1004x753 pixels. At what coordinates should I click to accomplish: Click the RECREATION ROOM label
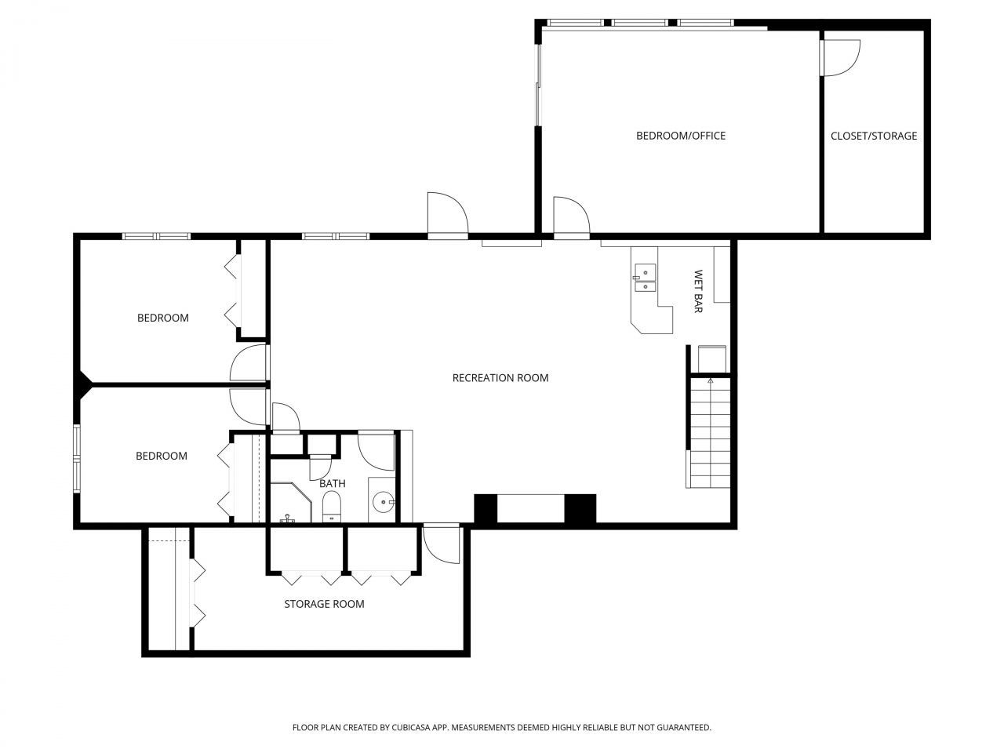pyautogui.click(x=500, y=378)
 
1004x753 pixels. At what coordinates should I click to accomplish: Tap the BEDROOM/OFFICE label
pyautogui.click(x=681, y=136)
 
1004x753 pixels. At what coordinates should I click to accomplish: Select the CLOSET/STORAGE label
pyautogui.click(x=874, y=136)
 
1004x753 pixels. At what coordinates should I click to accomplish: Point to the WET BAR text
pyautogui.click(x=698, y=291)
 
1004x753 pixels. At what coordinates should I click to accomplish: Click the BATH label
pyautogui.click(x=332, y=483)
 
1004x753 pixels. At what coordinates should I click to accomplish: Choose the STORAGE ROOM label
pyautogui.click(x=324, y=604)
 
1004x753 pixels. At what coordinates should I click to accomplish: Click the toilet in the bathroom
pyautogui.click(x=331, y=507)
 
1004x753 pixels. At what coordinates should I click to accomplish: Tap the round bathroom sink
pyautogui.click(x=383, y=502)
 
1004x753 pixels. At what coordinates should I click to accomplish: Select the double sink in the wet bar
pyautogui.click(x=645, y=278)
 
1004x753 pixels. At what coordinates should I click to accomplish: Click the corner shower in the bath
pyautogui.click(x=291, y=502)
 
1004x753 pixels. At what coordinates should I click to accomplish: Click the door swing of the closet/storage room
pyautogui.click(x=841, y=57)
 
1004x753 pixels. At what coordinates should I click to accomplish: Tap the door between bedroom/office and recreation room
pyautogui.click(x=571, y=218)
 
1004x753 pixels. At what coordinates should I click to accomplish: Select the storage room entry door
pyautogui.click(x=441, y=545)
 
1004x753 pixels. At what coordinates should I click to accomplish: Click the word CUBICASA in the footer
pyautogui.click(x=411, y=727)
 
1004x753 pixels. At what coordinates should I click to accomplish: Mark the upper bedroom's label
pyautogui.click(x=163, y=318)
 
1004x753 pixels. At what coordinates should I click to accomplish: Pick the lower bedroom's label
pyautogui.click(x=162, y=456)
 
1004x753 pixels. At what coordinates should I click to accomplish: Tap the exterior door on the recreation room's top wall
pyautogui.click(x=448, y=216)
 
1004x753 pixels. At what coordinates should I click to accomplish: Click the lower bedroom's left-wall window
pyautogui.click(x=76, y=459)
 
